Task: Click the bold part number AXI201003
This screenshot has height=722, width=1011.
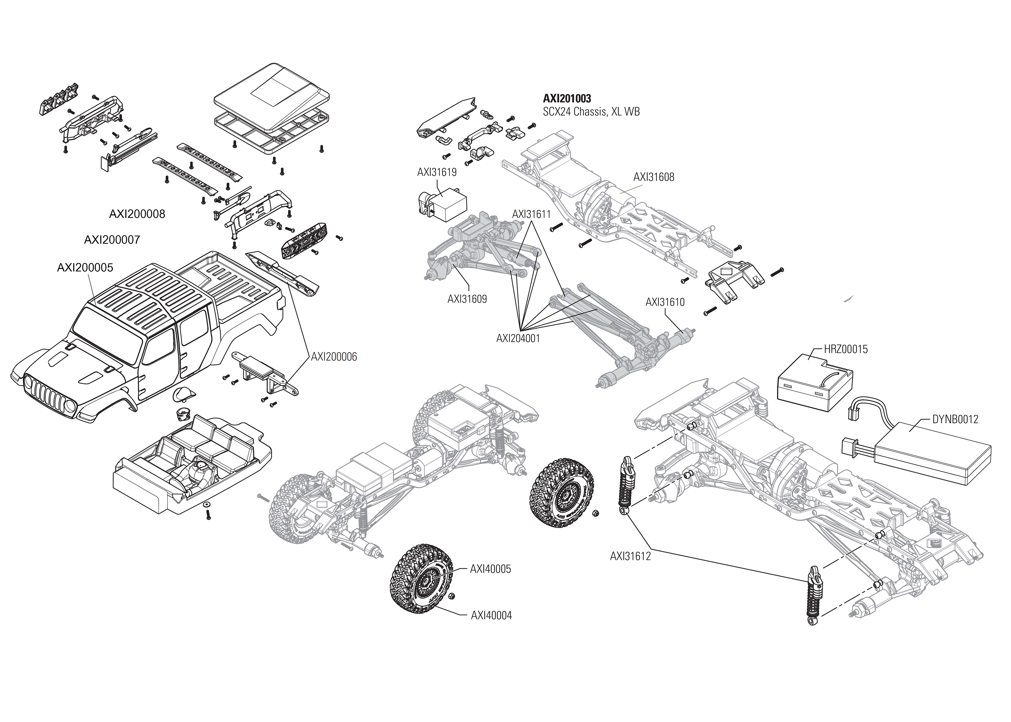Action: [567, 98]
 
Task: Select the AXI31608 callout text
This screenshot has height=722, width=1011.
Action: [653, 177]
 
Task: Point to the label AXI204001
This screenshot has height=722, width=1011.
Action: [518, 338]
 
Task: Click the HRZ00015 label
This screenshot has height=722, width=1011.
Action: [846, 349]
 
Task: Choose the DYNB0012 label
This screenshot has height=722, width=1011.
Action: [955, 419]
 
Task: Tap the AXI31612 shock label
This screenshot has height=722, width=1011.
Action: [630, 556]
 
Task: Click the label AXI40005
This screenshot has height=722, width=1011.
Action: [490, 569]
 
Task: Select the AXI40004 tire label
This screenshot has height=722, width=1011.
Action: [491, 616]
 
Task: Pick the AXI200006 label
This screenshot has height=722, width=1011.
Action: [333, 357]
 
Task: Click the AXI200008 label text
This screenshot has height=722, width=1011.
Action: [137, 214]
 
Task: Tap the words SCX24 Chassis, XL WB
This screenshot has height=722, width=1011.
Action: [591, 112]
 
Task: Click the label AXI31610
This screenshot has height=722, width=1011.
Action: [665, 302]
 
